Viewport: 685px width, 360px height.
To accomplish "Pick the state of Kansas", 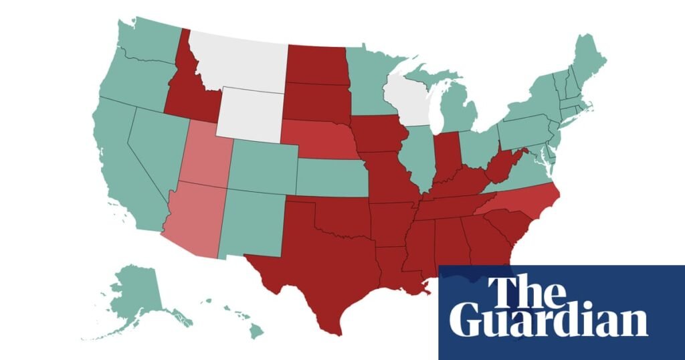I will (x=331, y=177).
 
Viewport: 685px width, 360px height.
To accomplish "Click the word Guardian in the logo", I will (x=549, y=321).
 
